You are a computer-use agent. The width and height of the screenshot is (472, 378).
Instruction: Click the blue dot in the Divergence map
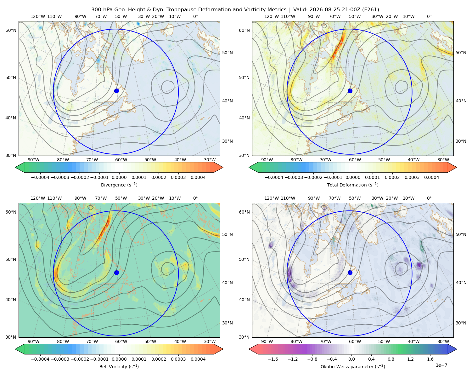(x=116, y=91)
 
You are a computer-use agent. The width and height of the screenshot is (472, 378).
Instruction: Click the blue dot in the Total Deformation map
(x=350, y=91)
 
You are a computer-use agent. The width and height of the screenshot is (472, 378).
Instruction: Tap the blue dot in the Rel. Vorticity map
(x=116, y=272)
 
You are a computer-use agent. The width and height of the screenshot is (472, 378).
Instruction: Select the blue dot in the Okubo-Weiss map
(x=350, y=272)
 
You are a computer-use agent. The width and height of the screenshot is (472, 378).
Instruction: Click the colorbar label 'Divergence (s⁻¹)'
(x=119, y=185)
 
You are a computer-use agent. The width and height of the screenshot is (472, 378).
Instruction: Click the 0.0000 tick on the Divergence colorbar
(x=119, y=177)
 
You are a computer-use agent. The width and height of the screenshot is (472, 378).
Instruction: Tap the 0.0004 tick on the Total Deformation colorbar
(x=431, y=177)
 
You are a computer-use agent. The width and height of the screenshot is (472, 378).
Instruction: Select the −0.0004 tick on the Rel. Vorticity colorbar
(x=40, y=359)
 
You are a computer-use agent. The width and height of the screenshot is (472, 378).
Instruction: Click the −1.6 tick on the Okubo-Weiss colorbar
(x=273, y=359)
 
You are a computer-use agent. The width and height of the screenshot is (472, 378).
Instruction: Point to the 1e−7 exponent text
(x=441, y=365)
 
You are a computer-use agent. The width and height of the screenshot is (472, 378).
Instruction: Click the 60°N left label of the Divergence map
(x=11, y=30)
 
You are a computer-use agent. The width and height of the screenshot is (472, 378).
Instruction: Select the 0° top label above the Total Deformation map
(x=429, y=16)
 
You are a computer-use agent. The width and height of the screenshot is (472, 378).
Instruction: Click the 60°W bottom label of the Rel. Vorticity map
(x=121, y=341)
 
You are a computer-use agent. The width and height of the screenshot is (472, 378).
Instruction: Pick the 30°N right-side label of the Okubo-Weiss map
(x=461, y=323)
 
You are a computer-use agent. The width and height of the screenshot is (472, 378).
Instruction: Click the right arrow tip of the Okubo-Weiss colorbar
(x=457, y=349)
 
